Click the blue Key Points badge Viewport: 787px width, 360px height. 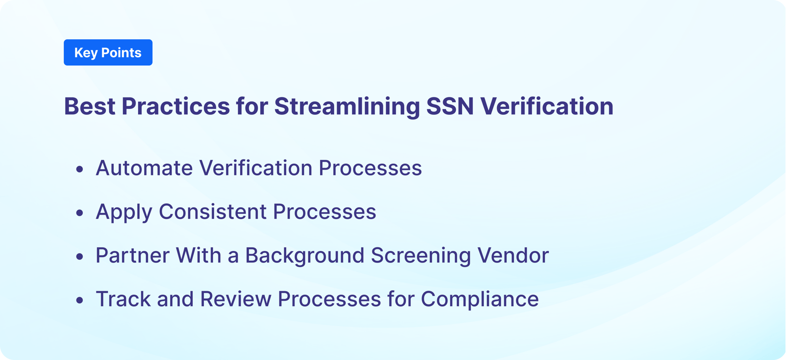[108, 52]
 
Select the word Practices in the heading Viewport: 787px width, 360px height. [175, 106]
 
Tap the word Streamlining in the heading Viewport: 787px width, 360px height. [347, 106]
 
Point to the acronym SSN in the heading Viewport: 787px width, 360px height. [450, 106]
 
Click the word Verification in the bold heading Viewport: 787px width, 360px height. [547, 106]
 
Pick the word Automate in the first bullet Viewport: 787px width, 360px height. [144, 168]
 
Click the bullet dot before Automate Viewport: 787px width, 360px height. [80, 169]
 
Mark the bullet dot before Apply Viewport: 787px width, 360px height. [80, 213]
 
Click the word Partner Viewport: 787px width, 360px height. [132, 255]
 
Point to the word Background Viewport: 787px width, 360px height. [304, 255]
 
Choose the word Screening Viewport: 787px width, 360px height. [420, 255]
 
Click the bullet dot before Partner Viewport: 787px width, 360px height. [80, 256]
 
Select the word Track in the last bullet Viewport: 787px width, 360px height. [123, 299]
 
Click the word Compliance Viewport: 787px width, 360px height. [479, 299]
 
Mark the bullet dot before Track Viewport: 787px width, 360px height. [80, 300]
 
